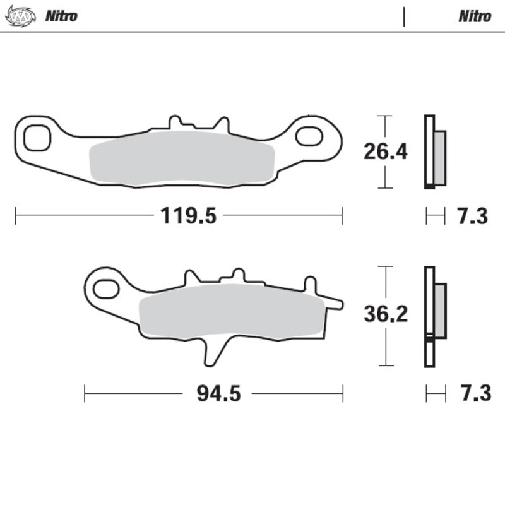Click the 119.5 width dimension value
(x=188, y=217)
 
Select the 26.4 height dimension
(x=386, y=151)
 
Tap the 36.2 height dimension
(x=386, y=314)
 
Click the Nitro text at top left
(x=61, y=16)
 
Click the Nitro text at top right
(x=475, y=16)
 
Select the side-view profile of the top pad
(x=434, y=152)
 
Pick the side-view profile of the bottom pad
(x=434, y=316)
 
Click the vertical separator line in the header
(x=404, y=16)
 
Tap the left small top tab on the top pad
(x=175, y=122)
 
